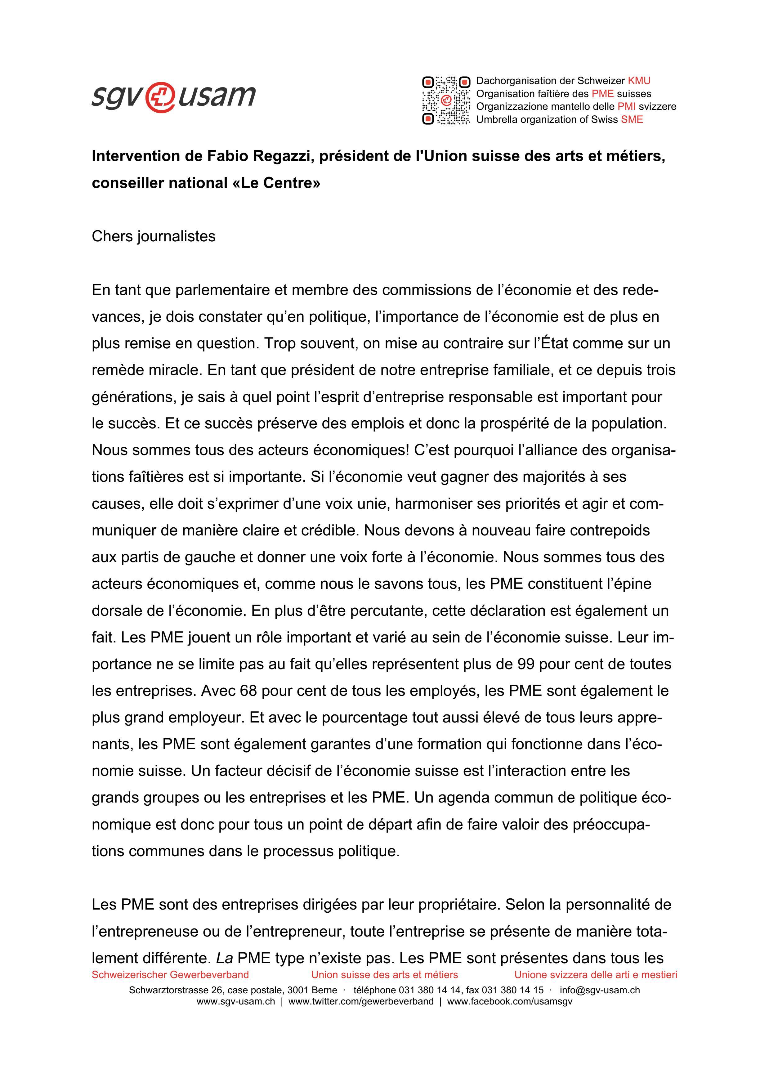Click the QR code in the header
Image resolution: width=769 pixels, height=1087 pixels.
(x=446, y=101)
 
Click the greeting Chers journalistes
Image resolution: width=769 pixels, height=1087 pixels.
(x=154, y=236)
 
